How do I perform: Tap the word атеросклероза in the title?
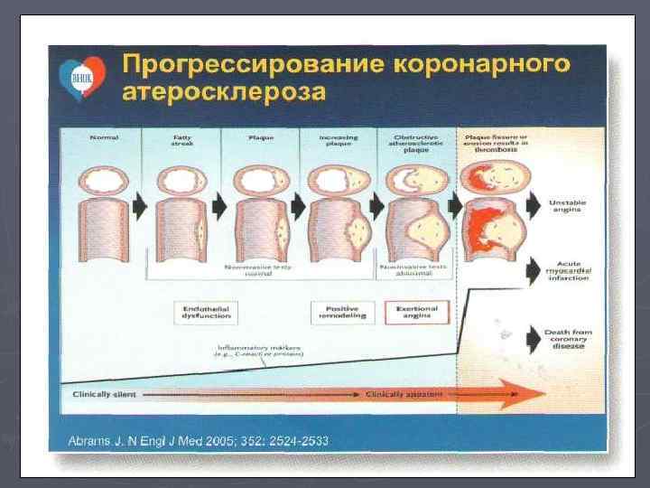click(x=224, y=93)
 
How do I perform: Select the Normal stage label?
click(x=105, y=137)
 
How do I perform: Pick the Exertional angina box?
click(x=417, y=313)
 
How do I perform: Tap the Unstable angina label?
click(x=567, y=206)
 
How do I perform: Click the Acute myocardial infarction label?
click(x=567, y=269)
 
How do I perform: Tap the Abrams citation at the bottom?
click(x=200, y=441)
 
